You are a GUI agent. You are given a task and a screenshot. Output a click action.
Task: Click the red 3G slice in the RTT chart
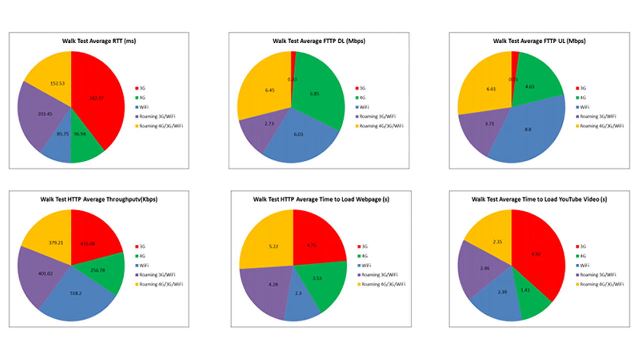click(x=100, y=100)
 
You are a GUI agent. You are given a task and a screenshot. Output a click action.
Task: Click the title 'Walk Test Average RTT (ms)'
click(x=99, y=41)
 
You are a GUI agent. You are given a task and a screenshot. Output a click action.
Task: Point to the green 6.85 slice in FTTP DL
click(x=320, y=95)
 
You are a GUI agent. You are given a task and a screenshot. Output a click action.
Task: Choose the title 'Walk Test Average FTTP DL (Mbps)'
click(x=319, y=41)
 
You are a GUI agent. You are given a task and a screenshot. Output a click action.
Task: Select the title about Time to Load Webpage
click(x=320, y=199)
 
